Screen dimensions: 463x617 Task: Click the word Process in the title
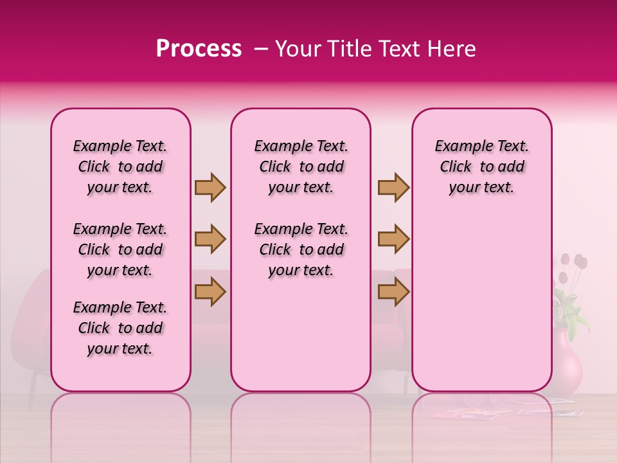click(198, 49)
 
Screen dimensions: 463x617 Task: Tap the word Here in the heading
click(452, 49)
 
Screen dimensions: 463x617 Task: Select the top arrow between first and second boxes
click(210, 188)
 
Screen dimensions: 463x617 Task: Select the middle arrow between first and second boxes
click(210, 240)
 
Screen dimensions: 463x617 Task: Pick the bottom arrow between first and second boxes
click(210, 291)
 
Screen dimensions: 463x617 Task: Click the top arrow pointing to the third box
click(393, 188)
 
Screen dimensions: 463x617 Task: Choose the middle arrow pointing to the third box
click(393, 240)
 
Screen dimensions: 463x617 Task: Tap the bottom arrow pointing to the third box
click(393, 291)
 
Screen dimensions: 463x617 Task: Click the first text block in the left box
click(120, 167)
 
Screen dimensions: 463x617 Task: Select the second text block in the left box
click(120, 250)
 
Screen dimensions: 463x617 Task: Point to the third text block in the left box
click(120, 328)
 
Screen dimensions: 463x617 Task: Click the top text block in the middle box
click(301, 167)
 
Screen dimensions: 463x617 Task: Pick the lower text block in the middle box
click(301, 250)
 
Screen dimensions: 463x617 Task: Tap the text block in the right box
click(482, 167)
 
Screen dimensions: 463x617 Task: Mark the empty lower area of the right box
click(482, 302)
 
